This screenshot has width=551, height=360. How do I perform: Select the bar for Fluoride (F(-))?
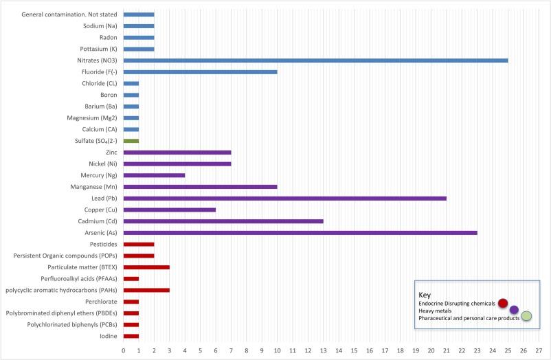[x=201, y=71]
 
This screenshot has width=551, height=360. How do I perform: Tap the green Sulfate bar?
[x=131, y=140]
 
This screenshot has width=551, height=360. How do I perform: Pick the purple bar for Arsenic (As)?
[x=300, y=232]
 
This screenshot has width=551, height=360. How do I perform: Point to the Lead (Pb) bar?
[x=285, y=198]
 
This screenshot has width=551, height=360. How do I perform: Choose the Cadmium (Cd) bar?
[x=223, y=221]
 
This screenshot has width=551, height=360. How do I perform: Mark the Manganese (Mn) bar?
[x=201, y=186]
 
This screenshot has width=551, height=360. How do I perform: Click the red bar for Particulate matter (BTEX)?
[x=146, y=267]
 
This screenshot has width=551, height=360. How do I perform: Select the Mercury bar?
[x=155, y=175]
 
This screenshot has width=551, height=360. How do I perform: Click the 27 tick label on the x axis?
[x=539, y=350]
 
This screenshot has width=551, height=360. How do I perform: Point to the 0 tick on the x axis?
[x=124, y=350]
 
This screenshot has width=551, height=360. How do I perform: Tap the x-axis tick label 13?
[x=324, y=350]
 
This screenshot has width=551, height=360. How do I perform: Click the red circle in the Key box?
[x=503, y=303]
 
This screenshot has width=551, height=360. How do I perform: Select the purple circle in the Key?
[x=514, y=310]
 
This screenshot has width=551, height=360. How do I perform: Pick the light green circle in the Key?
[x=526, y=316]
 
